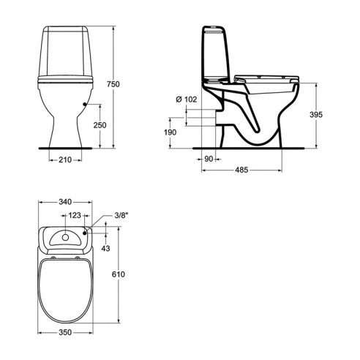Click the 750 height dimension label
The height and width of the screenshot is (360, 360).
point(113,84)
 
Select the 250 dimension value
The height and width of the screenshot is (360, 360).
point(100,125)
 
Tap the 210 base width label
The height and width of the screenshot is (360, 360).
point(65,160)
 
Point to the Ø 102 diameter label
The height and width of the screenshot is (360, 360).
point(187,100)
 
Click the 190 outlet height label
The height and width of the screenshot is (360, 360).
point(170,132)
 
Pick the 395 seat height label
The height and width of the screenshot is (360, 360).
point(316,115)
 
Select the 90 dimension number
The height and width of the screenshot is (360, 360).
point(209,159)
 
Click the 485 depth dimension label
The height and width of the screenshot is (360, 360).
point(241,170)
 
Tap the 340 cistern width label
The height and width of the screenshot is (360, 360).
point(65,202)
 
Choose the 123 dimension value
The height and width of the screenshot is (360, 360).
point(75,215)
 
